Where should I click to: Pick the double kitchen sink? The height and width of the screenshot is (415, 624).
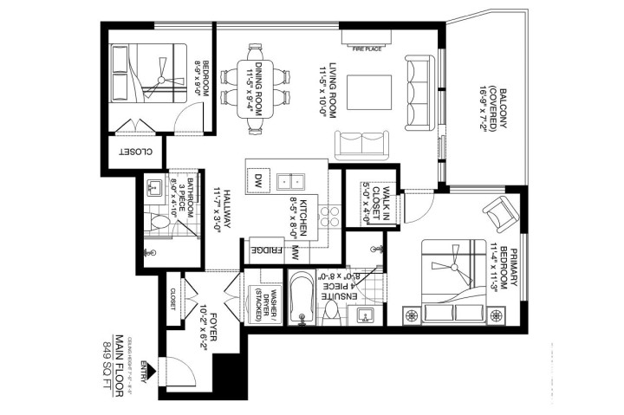tap(290, 181)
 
